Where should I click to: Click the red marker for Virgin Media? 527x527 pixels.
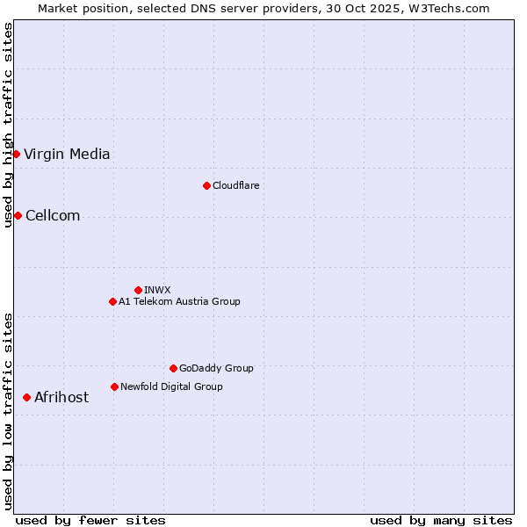click(x=16, y=155)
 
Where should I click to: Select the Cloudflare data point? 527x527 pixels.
click(x=206, y=185)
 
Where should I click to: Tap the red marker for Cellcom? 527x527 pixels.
click(x=18, y=216)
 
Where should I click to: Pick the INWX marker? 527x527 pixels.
click(x=138, y=290)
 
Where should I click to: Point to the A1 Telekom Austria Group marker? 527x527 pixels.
click(x=112, y=301)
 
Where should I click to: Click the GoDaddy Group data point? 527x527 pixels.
click(x=173, y=368)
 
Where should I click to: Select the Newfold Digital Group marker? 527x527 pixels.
click(x=114, y=386)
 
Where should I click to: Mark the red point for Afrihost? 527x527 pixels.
click(x=26, y=397)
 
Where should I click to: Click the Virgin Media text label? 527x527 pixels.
click(x=67, y=155)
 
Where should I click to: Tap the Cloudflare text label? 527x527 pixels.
click(x=235, y=185)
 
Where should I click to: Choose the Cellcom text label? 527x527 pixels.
click(x=53, y=216)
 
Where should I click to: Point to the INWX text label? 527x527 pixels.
click(x=157, y=290)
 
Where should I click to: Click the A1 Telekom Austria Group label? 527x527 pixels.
click(x=179, y=301)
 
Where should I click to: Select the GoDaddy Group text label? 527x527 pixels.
click(x=216, y=368)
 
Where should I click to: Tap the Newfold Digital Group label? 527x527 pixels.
click(x=171, y=386)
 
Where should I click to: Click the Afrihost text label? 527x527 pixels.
click(x=61, y=397)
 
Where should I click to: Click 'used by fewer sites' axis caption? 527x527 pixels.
click(x=90, y=520)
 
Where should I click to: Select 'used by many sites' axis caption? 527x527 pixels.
click(x=441, y=520)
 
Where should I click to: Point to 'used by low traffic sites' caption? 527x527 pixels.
click(x=9, y=410)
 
